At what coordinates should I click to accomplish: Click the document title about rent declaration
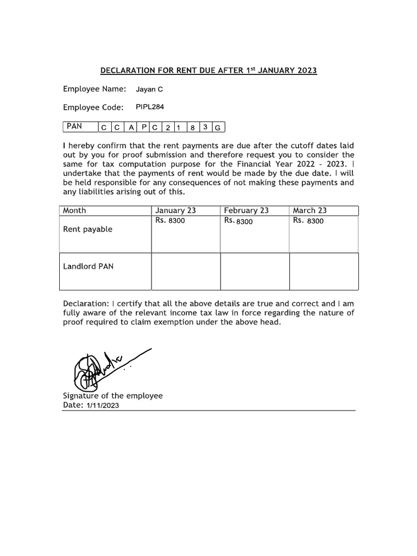pyautogui.click(x=208, y=71)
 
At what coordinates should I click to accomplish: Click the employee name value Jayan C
pyautogui.click(x=149, y=90)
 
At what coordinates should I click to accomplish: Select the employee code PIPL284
pyautogui.click(x=150, y=107)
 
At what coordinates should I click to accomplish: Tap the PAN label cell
pyautogui.click(x=80, y=127)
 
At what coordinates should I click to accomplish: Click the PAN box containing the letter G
pyautogui.click(x=218, y=128)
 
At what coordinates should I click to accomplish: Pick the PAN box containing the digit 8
pyautogui.click(x=193, y=128)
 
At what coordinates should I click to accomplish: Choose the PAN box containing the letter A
pyautogui.click(x=131, y=128)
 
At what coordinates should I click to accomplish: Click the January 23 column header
pyautogui.click(x=175, y=211)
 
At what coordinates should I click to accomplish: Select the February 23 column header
pyautogui.click(x=246, y=211)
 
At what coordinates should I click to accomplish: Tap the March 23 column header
pyautogui.click(x=309, y=211)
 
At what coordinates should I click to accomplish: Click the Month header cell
pyautogui.click(x=74, y=211)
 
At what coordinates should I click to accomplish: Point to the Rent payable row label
pyautogui.click(x=88, y=229)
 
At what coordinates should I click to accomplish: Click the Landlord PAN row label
pyautogui.click(x=89, y=267)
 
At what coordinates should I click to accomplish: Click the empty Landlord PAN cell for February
pyautogui.click(x=255, y=271)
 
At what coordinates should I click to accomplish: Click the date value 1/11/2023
pyautogui.click(x=102, y=406)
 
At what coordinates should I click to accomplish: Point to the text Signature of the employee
pyautogui.click(x=113, y=396)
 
